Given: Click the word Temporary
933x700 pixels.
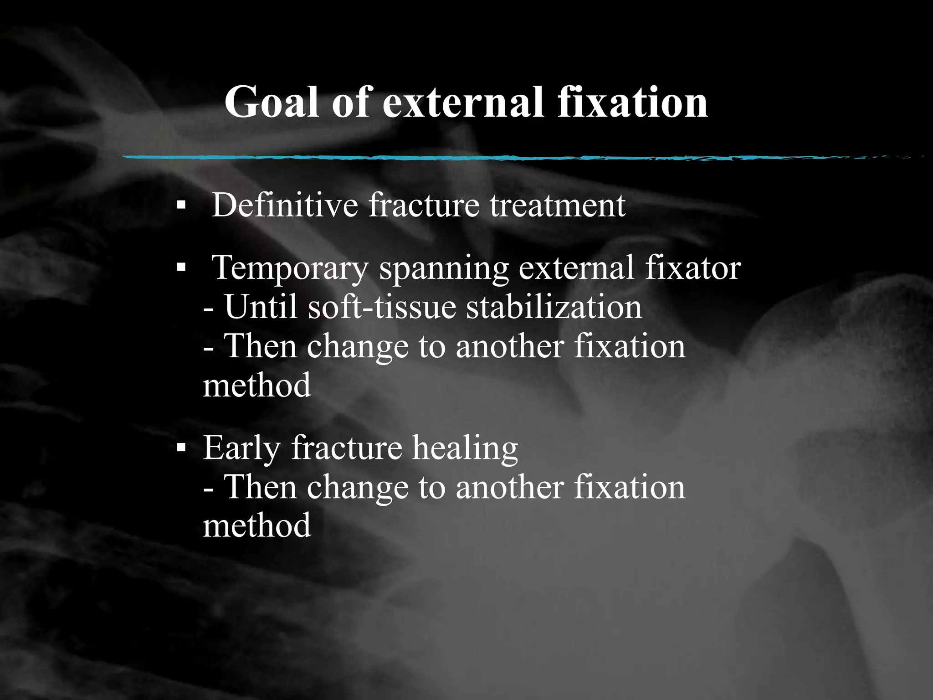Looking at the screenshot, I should click(x=290, y=269).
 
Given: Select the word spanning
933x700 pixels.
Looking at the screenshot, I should click(x=444, y=269).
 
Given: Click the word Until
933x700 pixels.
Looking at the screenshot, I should click(x=261, y=307).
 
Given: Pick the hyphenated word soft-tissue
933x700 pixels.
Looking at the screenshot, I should click(x=382, y=307).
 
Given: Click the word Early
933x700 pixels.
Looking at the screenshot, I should click(x=241, y=448).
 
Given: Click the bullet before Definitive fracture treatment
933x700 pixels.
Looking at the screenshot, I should click(x=181, y=206).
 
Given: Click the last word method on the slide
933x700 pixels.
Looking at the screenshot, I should click(x=256, y=525).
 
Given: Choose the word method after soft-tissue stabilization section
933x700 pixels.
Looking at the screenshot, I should click(x=256, y=386).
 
